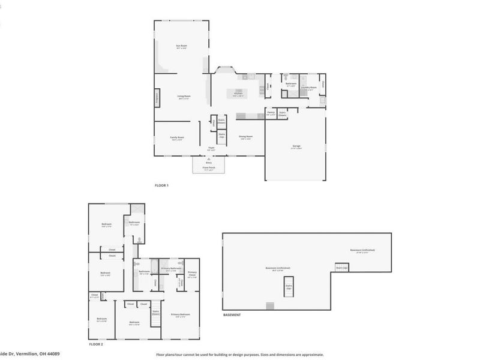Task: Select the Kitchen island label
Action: click(238, 94)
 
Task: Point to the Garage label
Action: click(296, 146)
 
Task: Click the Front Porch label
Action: click(209, 169)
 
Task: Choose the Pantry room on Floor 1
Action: click(271, 112)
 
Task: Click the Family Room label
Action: click(177, 138)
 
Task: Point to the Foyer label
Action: click(211, 147)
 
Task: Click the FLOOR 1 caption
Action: click(161, 185)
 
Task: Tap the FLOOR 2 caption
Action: click(96, 344)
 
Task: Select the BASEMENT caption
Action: click(232, 315)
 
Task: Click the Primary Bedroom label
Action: click(181, 314)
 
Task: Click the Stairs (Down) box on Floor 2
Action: click(156, 312)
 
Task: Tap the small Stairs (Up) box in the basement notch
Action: click(341, 268)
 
